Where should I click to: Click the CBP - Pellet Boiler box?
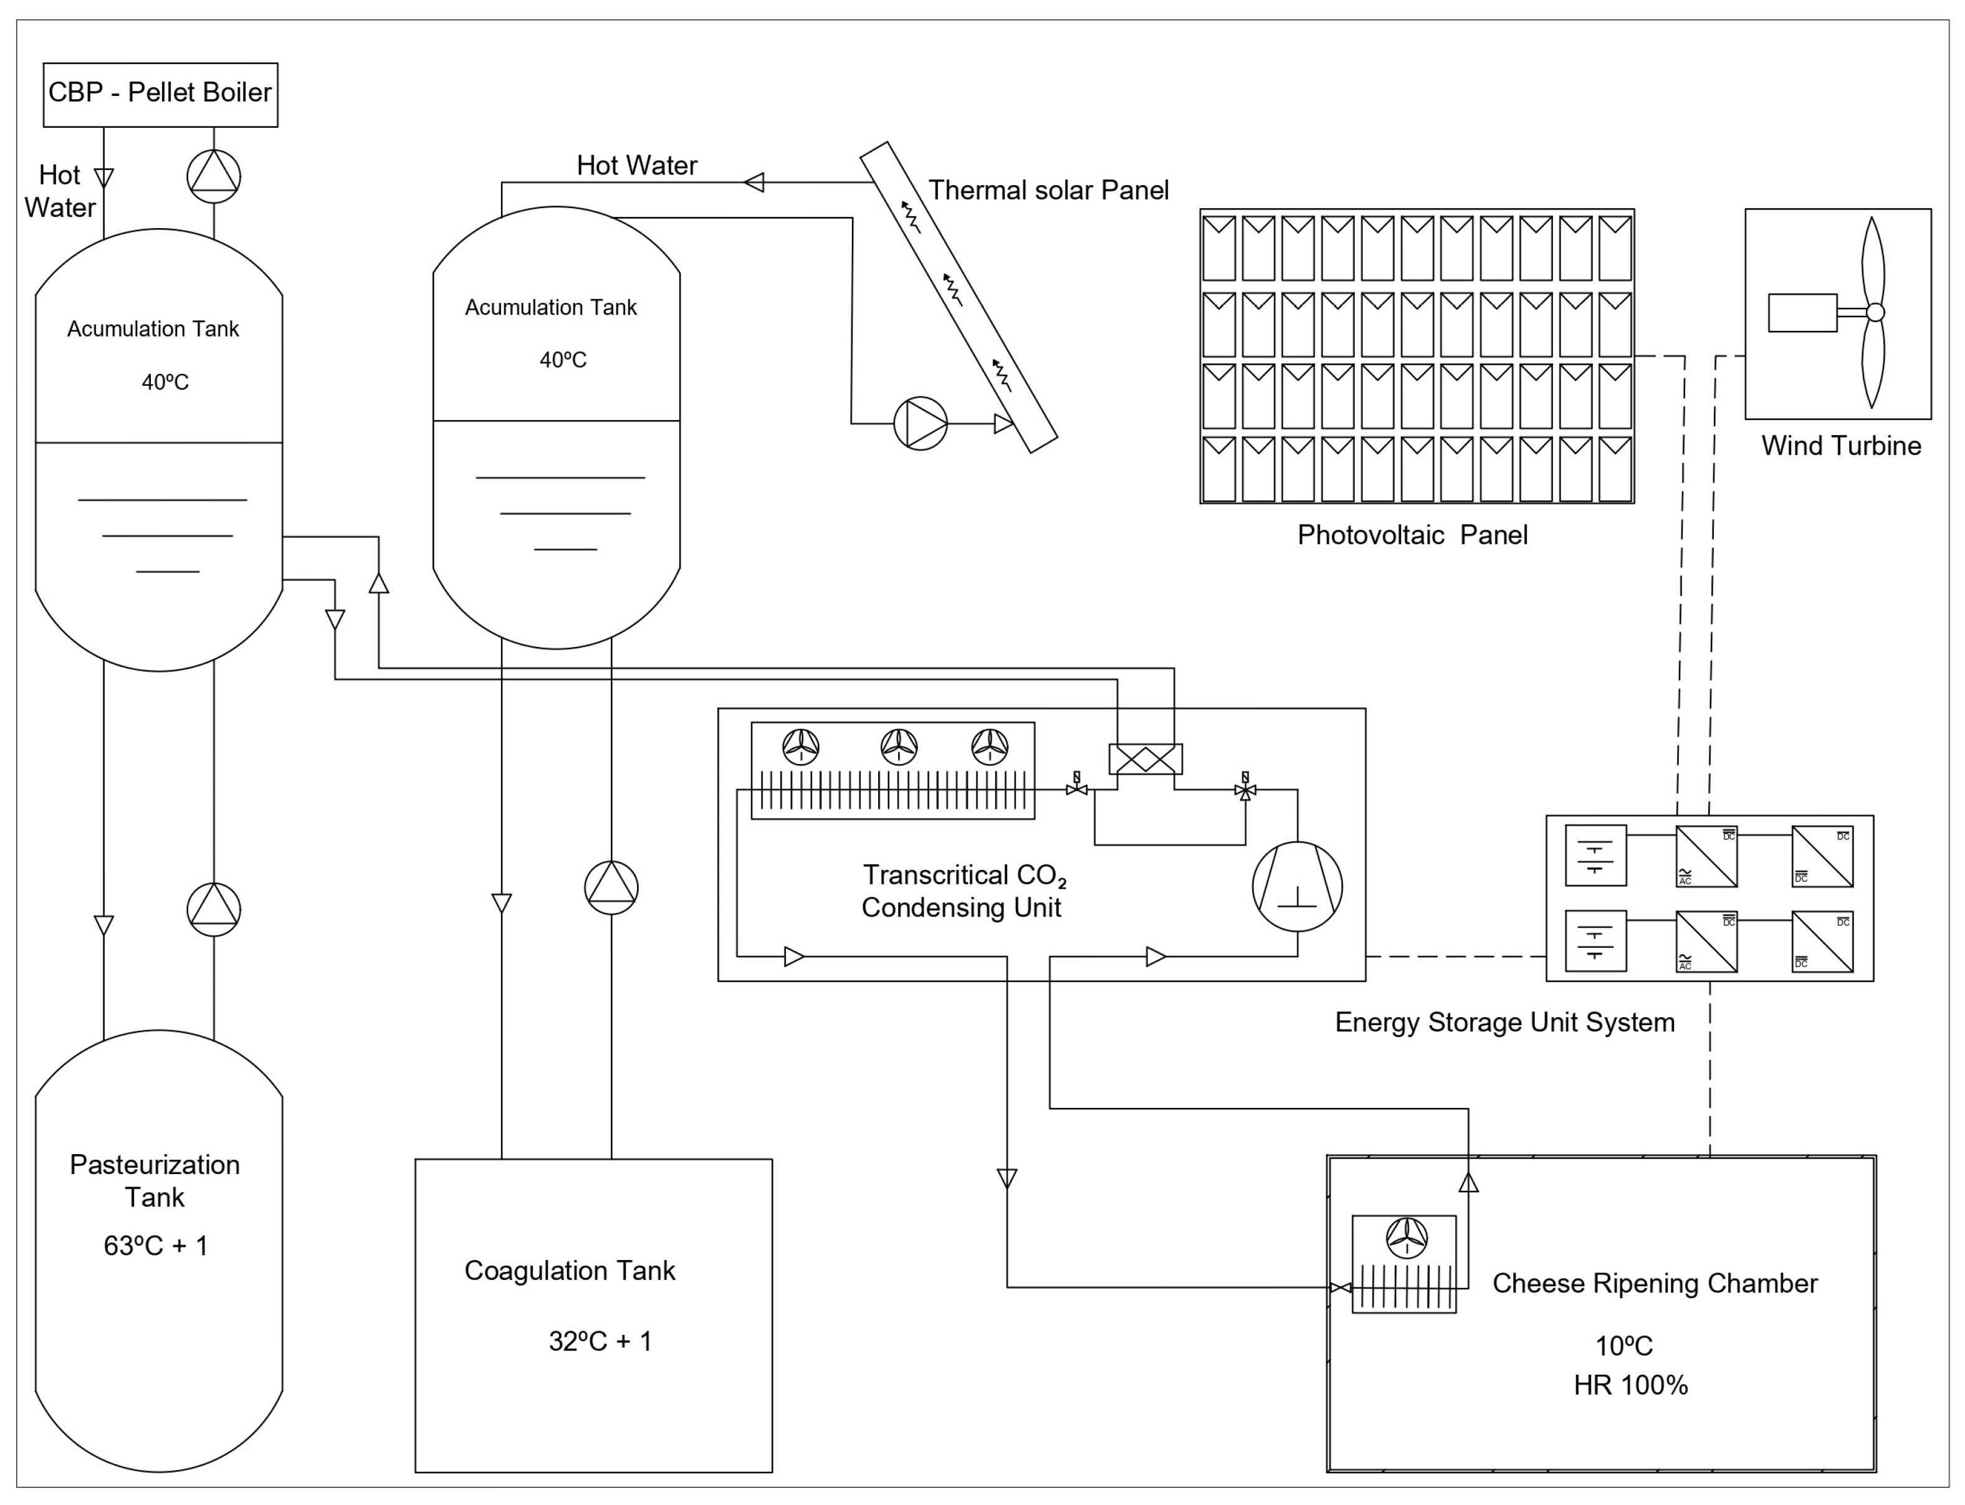click(160, 94)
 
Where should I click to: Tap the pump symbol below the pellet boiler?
click(213, 176)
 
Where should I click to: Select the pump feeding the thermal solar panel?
click(920, 423)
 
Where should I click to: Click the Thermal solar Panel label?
click(1048, 190)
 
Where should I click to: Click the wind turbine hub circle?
click(1875, 312)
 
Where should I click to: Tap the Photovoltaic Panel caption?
click(1412, 535)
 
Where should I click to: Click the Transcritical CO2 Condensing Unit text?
click(963, 891)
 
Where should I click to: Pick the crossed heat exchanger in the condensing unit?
click(1145, 759)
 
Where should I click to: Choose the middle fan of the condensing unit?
click(898, 745)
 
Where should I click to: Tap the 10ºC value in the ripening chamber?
click(1623, 1345)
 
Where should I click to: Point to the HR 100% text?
click(1630, 1385)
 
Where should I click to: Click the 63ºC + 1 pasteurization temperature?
click(156, 1245)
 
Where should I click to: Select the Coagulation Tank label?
click(570, 1270)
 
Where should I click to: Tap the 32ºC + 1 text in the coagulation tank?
click(600, 1341)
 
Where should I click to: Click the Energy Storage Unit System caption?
click(1504, 1022)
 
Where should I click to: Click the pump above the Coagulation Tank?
click(611, 887)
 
